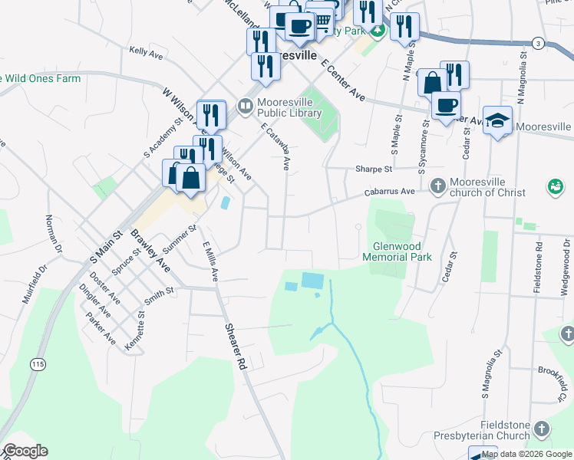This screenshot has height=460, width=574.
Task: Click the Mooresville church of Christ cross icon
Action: pyautogui.click(x=437, y=186)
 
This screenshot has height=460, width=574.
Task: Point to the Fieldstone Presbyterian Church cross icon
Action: pyautogui.click(x=541, y=429)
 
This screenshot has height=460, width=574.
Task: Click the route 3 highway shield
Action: pyautogui.click(x=539, y=44)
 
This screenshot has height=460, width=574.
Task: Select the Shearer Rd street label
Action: pyautogui.click(x=235, y=347)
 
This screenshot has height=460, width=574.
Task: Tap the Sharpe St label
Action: pyautogui.click(x=373, y=169)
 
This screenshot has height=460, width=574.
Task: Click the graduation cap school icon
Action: pyautogui.click(x=497, y=120)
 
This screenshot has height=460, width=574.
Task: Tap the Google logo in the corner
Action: pyautogui.click(x=25, y=451)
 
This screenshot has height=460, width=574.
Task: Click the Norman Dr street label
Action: pyautogui.click(x=53, y=234)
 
